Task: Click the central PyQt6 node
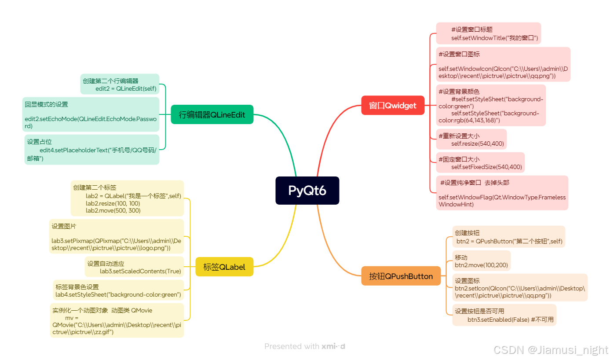pyautogui.click(x=307, y=191)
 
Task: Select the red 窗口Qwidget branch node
pyautogui.click(x=393, y=105)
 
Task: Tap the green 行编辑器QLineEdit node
pyautogui.click(x=212, y=114)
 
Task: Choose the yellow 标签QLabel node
pyautogui.click(x=224, y=267)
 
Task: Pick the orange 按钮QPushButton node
pyautogui.click(x=401, y=276)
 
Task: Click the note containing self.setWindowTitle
pyautogui.click(x=488, y=33)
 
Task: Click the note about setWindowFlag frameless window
pyautogui.click(x=502, y=193)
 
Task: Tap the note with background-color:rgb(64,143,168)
pyautogui.click(x=491, y=106)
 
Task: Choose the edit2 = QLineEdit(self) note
pyautogui.click(x=120, y=84)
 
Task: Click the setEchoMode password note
pyautogui.click(x=91, y=114)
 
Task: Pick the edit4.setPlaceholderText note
pyautogui.click(x=92, y=150)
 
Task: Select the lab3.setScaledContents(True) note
pyautogui.click(x=134, y=267)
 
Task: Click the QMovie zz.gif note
pyautogui.click(x=117, y=320)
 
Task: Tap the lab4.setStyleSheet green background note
pyautogui.click(x=118, y=290)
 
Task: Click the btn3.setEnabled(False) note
pyautogui.click(x=504, y=315)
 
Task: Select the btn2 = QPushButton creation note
pyautogui.click(x=508, y=237)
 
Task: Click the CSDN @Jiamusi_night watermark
pyautogui.click(x=551, y=350)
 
